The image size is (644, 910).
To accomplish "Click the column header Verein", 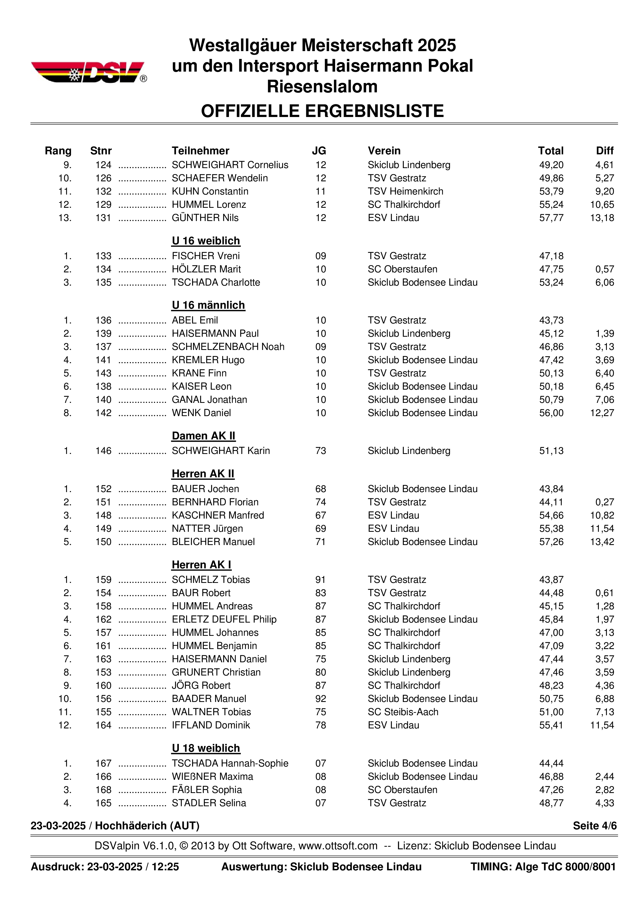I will click(x=384, y=151).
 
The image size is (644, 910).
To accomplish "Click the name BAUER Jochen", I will click(x=205, y=489).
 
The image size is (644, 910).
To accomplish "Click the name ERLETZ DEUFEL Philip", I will click(x=224, y=619).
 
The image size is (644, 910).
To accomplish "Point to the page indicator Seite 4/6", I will click(x=594, y=826).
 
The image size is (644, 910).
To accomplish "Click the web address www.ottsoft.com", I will click(x=338, y=846).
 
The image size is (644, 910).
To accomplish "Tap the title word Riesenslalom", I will click(x=322, y=86).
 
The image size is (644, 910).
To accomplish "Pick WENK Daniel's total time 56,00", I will click(x=551, y=413).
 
